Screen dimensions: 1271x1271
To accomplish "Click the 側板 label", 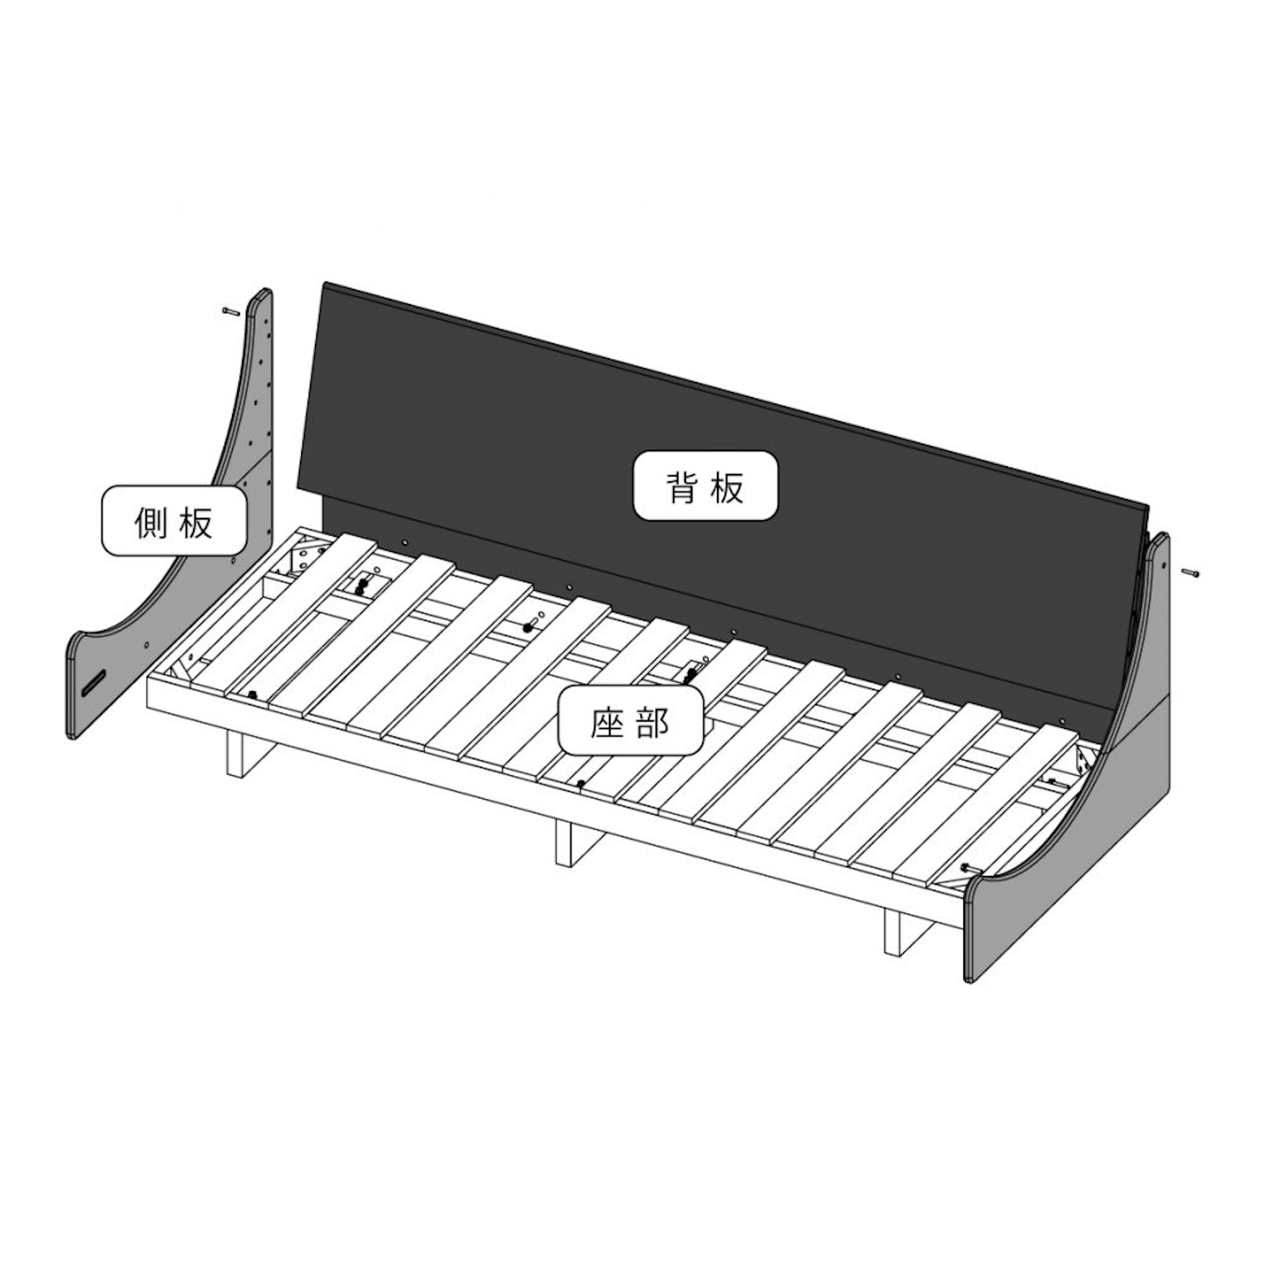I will (x=174, y=522).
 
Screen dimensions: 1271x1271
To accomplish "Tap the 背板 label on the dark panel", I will (x=705, y=486).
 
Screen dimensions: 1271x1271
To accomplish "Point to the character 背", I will (x=682, y=487).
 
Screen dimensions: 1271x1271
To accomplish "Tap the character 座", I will (x=607, y=722).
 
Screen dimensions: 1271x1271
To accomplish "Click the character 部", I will (x=653, y=722).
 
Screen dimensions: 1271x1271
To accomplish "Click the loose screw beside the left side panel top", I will (x=230, y=311).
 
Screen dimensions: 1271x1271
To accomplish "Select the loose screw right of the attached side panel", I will (x=1190, y=573).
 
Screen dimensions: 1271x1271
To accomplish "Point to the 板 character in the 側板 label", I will (x=196, y=522).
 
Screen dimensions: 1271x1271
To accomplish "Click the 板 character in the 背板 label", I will (x=728, y=487).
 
